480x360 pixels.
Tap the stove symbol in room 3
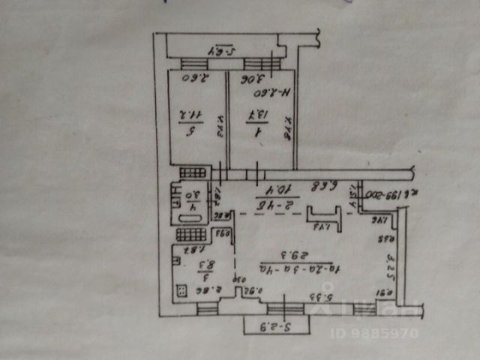tap(181, 290)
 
